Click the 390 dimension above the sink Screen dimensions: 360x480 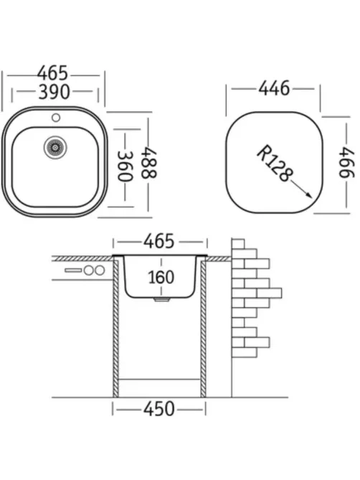54,92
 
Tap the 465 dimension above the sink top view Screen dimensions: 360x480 52,73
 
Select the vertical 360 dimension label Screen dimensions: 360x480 125,166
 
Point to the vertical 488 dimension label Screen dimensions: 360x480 148,163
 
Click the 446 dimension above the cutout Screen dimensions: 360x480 274,88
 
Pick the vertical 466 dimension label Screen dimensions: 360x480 346,162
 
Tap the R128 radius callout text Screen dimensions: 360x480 273,163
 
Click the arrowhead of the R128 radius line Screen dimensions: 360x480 309,195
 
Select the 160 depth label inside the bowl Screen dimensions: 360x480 161,278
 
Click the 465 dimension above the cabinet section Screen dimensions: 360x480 159,242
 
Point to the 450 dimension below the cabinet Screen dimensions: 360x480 159,409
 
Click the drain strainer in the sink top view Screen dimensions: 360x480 55,148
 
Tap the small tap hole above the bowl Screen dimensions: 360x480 56,117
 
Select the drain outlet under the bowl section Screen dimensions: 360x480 161,300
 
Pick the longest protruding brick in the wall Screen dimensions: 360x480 269,293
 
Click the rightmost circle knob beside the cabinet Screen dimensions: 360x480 100,270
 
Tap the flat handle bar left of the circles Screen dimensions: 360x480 73,270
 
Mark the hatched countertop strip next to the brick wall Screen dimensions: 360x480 219,259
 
